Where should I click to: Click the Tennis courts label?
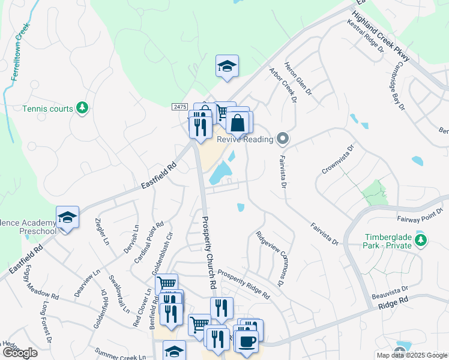coord(47,109)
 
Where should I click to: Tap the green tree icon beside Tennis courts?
coord(82,109)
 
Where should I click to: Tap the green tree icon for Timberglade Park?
coord(421,241)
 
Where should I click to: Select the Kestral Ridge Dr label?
coord(365,36)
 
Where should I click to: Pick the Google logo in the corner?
coord(19,353)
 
